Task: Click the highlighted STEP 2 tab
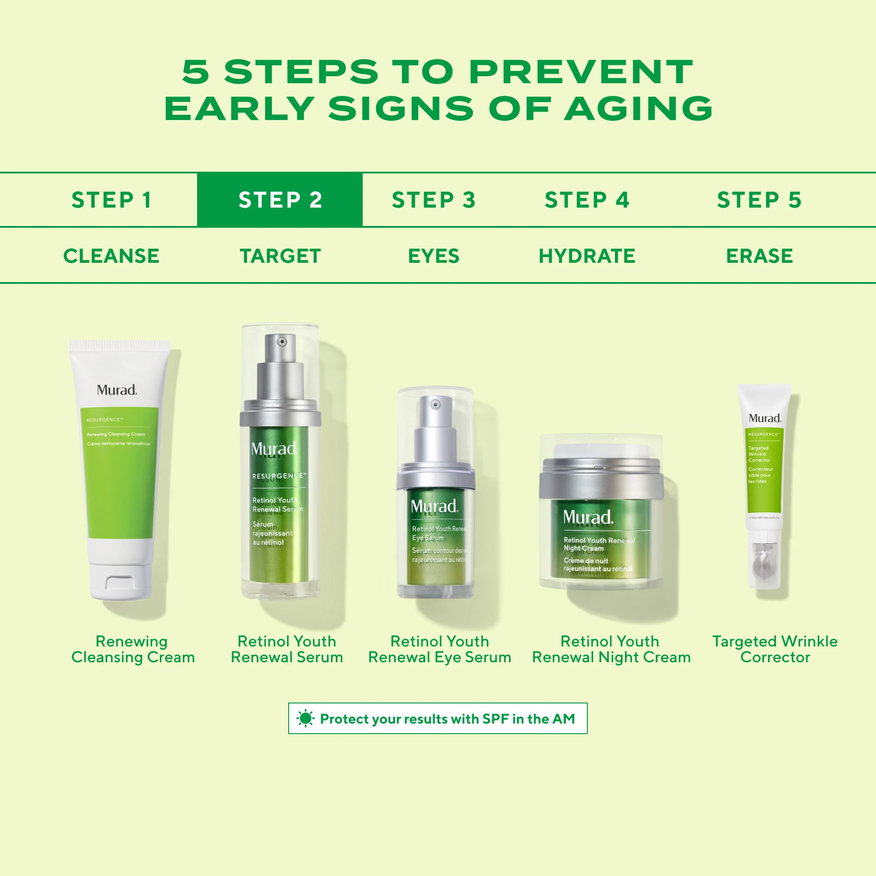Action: (280, 200)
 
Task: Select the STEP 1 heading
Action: (111, 200)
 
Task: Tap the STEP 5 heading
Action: (759, 200)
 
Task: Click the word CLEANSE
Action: (111, 256)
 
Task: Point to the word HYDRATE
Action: (587, 256)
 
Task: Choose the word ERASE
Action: (759, 256)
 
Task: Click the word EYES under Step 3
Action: (434, 256)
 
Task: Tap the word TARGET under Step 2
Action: (280, 256)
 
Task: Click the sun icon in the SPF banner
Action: (305, 719)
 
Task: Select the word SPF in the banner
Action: (495, 719)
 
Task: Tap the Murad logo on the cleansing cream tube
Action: (117, 390)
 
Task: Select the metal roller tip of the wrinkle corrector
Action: (764, 565)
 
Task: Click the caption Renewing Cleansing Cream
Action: (132, 649)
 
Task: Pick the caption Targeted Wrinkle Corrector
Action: (774, 649)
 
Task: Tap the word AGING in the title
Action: (638, 109)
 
